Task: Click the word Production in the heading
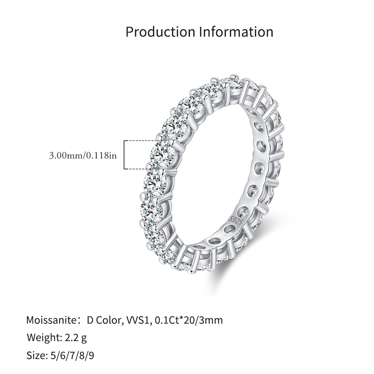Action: pyautogui.click(x=160, y=32)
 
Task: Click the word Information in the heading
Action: pyautogui.click(x=236, y=32)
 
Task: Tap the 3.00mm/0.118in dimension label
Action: pyautogui.click(x=83, y=156)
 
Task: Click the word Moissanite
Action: pyautogui.click(x=51, y=320)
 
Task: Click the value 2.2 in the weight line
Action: pyautogui.click(x=71, y=338)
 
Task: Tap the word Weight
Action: pyautogui.click(x=45, y=338)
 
